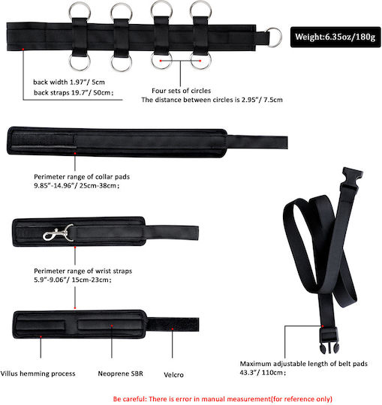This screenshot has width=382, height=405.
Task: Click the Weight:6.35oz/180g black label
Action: [335, 37]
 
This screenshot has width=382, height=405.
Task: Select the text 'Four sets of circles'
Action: [181, 91]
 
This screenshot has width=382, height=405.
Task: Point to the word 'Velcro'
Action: [173, 375]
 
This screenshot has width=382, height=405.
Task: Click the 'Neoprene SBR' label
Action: [120, 373]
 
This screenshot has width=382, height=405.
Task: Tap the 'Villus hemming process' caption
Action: [38, 373]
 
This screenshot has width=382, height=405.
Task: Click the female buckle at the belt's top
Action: [351, 179]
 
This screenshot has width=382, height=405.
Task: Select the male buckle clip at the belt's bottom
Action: [329, 340]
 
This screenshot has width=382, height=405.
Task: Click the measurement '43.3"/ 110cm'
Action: [263, 373]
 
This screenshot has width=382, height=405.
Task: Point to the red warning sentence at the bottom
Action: [223, 399]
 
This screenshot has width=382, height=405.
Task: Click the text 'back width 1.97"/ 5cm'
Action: [69, 82]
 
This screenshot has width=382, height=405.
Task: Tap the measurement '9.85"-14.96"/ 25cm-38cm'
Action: [77, 185]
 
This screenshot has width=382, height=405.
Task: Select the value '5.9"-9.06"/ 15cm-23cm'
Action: [73, 280]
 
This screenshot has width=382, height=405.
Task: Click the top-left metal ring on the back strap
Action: [80, 11]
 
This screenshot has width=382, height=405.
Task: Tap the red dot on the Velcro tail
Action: [173, 328]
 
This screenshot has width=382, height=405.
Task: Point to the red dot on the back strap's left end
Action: [23, 49]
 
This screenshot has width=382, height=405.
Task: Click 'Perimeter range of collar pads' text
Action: [82, 177]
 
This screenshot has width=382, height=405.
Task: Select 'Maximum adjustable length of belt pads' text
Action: [304, 364]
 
